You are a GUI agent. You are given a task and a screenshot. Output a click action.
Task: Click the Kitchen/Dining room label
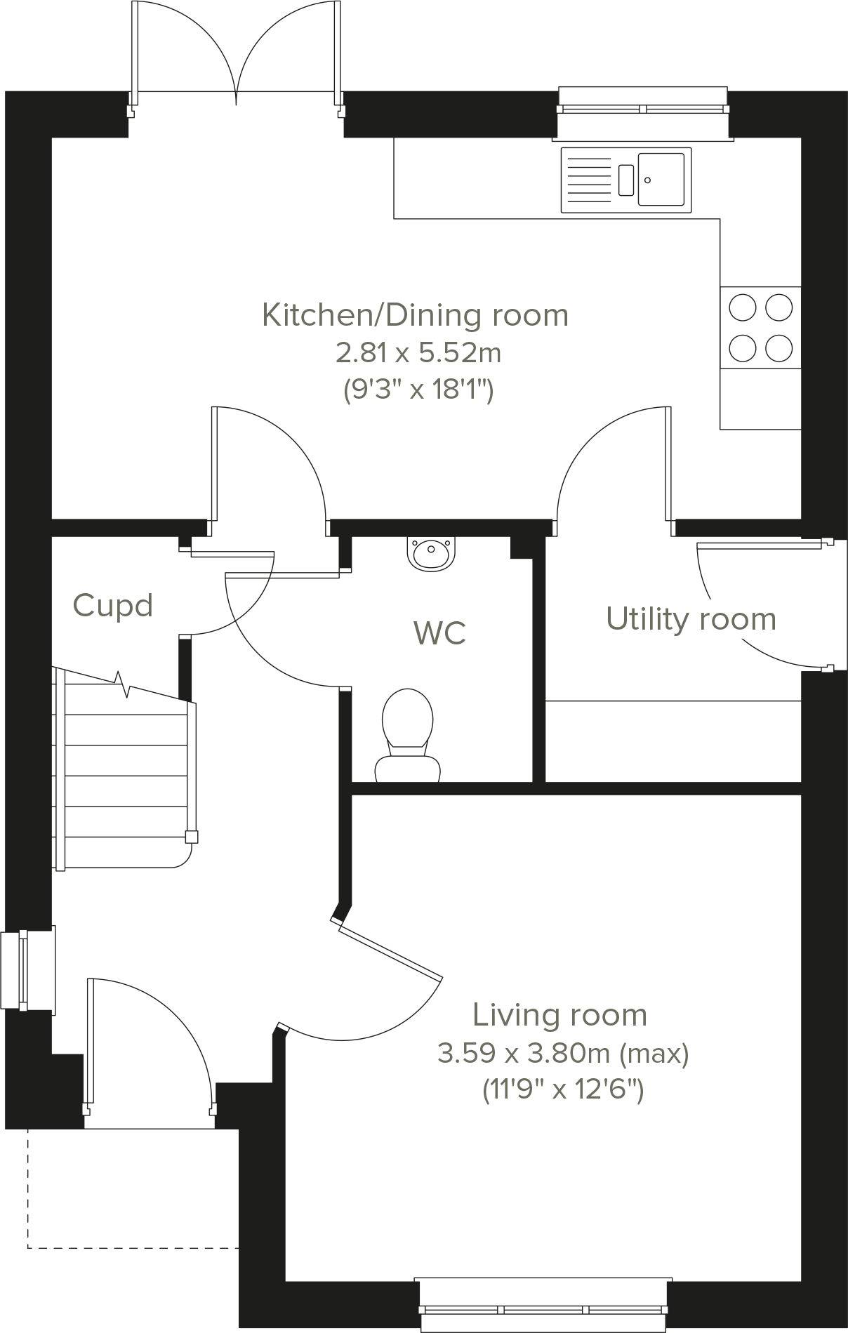coord(415,315)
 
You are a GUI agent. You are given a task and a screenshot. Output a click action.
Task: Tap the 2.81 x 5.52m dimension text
coord(418,352)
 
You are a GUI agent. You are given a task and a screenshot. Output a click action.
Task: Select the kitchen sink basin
coord(661,179)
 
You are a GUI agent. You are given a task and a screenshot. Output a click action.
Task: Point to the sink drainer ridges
coord(588,179)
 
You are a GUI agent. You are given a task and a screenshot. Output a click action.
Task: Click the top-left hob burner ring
coord(743,307)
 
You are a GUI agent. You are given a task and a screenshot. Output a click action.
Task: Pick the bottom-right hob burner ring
coord(779,347)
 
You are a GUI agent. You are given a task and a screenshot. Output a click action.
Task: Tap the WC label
coord(439,632)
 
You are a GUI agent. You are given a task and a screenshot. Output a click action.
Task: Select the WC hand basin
coord(430,554)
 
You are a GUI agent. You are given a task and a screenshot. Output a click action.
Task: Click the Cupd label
coord(112,606)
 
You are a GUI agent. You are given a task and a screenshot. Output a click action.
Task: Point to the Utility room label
coord(691,619)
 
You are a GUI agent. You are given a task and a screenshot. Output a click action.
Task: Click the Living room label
coord(559,1015)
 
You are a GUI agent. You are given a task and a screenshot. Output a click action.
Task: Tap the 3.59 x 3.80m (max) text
coord(563,1053)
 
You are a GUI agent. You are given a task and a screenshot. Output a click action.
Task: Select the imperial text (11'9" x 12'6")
coord(563,1090)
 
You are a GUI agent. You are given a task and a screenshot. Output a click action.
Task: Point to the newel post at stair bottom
coord(191,837)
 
